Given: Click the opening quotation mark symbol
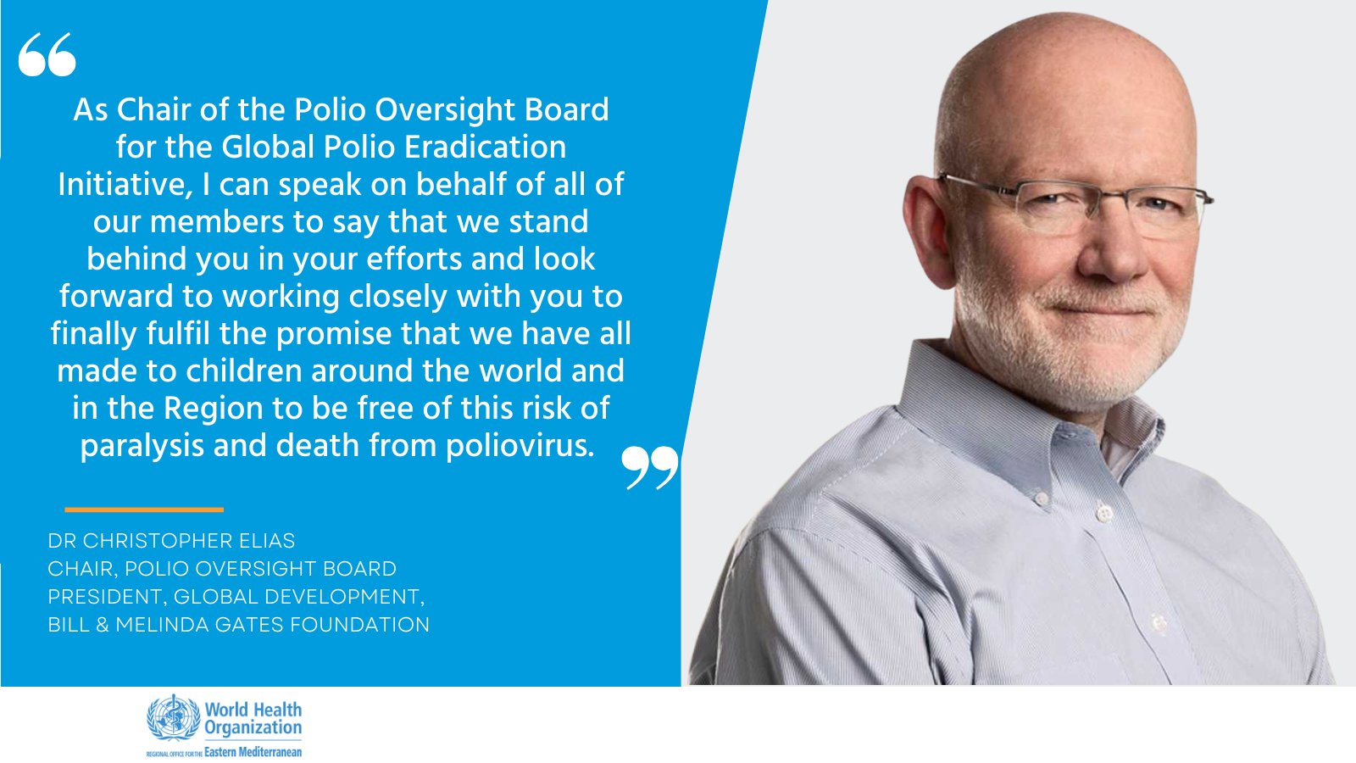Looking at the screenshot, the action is (x=47, y=54).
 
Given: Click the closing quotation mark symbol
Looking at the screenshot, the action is (x=649, y=467).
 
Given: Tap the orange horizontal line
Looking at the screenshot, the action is (x=144, y=510).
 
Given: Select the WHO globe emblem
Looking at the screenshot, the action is (x=173, y=718).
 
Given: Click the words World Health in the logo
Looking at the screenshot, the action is (x=253, y=709).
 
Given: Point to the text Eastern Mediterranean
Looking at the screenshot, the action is (x=253, y=752).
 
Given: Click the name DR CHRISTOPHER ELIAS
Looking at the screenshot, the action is (x=171, y=541).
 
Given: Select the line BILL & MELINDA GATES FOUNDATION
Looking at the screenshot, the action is (x=238, y=624).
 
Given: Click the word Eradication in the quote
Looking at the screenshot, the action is (x=485, y=148).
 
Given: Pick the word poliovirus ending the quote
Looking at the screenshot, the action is (x=520, y=446).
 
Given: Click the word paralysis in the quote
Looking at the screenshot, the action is (x=142, y=446).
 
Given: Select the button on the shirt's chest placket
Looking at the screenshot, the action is (x=1105, y=514).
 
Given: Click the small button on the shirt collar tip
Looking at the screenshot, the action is (x=1041, y=498).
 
